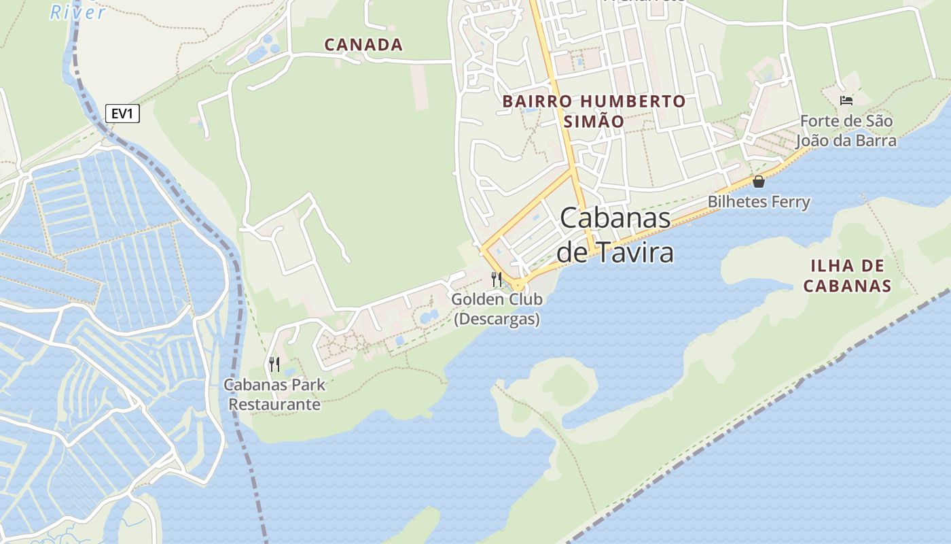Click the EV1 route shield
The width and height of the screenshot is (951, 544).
pyautogui.click(x=122, y=114)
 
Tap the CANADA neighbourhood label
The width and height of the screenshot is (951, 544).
pyautogui.click(x=363, y=45)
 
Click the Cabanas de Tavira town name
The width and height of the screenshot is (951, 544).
pyautogui.click(x=615, y=235)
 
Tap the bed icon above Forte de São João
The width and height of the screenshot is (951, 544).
pyautogui.click(x=846, y=101)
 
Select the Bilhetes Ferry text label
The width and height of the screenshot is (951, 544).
pyautogui.click(x=759, y=202)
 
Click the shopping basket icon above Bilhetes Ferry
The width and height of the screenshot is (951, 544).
pyautogui.click(x=759, y=182)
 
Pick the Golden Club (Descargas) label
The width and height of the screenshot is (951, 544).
pyautogui.click(x=497, y=309)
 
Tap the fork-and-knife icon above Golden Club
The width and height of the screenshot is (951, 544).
pyautogui.click(x=497, y=279)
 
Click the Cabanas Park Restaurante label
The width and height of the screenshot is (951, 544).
pyautogui.click(x=274, y=394)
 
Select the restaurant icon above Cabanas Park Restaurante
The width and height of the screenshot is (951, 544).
pyautogui.click(x=274, y=364)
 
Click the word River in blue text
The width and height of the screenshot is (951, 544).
pyautogui.click(x=78, y=12)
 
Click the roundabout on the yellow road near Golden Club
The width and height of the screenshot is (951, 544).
pyautogui.click(x=518, y=284)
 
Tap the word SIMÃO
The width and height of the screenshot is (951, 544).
pyautogui.click(x=594, y=122)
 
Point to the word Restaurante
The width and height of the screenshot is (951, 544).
pyautogui.click(x=274, y=405)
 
